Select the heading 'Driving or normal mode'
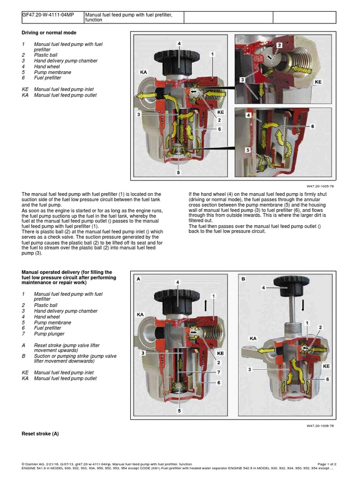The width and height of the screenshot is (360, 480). tap(49, 33)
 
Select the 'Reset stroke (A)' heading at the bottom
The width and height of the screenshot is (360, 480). tap(40, 434)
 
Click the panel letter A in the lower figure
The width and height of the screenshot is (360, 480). tap(138, 278)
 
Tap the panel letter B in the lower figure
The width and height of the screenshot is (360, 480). tap(243, 278)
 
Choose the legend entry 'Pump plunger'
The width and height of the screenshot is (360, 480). tap(49, 334)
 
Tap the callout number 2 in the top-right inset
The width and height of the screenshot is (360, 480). tap(279, 45)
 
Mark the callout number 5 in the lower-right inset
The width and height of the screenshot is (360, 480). tap(247, 150)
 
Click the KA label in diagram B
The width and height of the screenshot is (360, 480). tap(253, 338)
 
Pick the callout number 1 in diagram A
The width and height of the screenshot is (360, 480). tap(213, 296)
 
